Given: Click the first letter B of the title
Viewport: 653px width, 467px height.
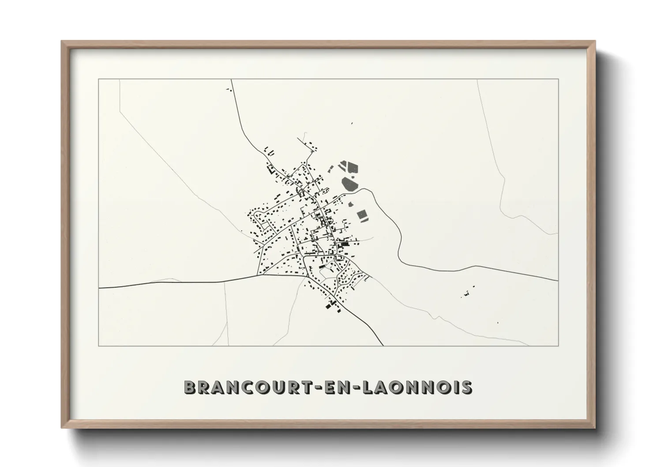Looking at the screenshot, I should [x=189, y=388].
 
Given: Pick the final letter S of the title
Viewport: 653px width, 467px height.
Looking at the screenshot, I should [x=466, y=388].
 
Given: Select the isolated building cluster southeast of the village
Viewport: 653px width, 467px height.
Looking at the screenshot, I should [x=467, y=293].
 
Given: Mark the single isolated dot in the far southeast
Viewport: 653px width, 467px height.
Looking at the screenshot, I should [x=498, y=323].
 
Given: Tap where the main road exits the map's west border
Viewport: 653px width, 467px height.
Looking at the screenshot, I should [x=99, y=288].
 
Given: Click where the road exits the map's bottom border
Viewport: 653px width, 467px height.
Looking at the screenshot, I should [x=383, y=346].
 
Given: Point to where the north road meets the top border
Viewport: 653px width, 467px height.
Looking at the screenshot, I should [x=232, y=79].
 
